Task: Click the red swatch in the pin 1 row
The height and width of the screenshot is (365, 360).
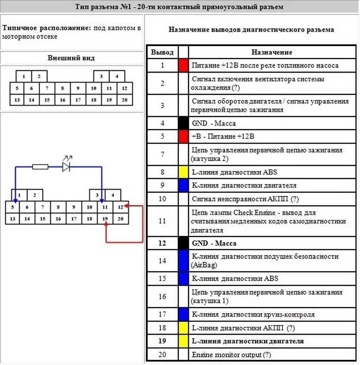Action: (183, 65)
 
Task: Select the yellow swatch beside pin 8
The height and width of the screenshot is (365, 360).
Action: (183, 172)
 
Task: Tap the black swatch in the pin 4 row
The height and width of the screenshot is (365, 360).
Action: (183, 123)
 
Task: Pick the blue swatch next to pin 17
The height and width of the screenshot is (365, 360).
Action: (183, 314)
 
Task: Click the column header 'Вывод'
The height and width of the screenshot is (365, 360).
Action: (162, 52)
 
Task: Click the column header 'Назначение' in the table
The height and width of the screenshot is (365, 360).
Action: (272, 52)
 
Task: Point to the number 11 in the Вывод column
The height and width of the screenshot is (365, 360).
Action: (162, 221)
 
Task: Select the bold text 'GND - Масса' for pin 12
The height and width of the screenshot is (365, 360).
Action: (214, 243)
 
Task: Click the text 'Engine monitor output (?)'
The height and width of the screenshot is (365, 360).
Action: (231, 354)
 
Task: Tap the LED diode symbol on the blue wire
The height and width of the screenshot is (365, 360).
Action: (66, 167)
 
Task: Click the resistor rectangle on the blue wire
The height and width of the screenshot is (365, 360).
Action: (40, 167)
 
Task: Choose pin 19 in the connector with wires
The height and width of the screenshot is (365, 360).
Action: (105, 218)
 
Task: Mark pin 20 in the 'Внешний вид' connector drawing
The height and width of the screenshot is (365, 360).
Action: (125, 100)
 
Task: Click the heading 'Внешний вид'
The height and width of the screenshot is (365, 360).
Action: (71, 58)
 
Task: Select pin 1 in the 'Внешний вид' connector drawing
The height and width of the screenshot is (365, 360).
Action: (24, 76)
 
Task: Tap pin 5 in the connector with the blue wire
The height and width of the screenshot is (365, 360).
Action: (13, 207)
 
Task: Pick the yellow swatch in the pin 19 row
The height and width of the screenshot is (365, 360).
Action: (183, 341)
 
